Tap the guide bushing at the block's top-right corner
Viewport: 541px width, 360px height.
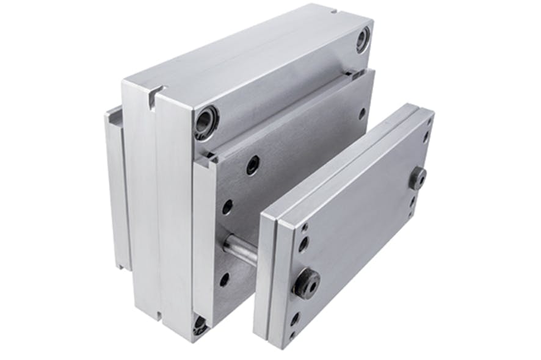[x=363, y=40]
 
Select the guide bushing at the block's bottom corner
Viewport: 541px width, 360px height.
[x=200, y=324]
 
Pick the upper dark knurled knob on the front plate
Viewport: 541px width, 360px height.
[x=418, y=178]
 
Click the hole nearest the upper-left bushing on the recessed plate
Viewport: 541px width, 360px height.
[x=252, y=165]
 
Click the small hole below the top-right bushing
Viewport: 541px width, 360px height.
[x=362, y=113]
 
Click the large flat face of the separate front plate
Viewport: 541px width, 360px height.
[x=360, y=214]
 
